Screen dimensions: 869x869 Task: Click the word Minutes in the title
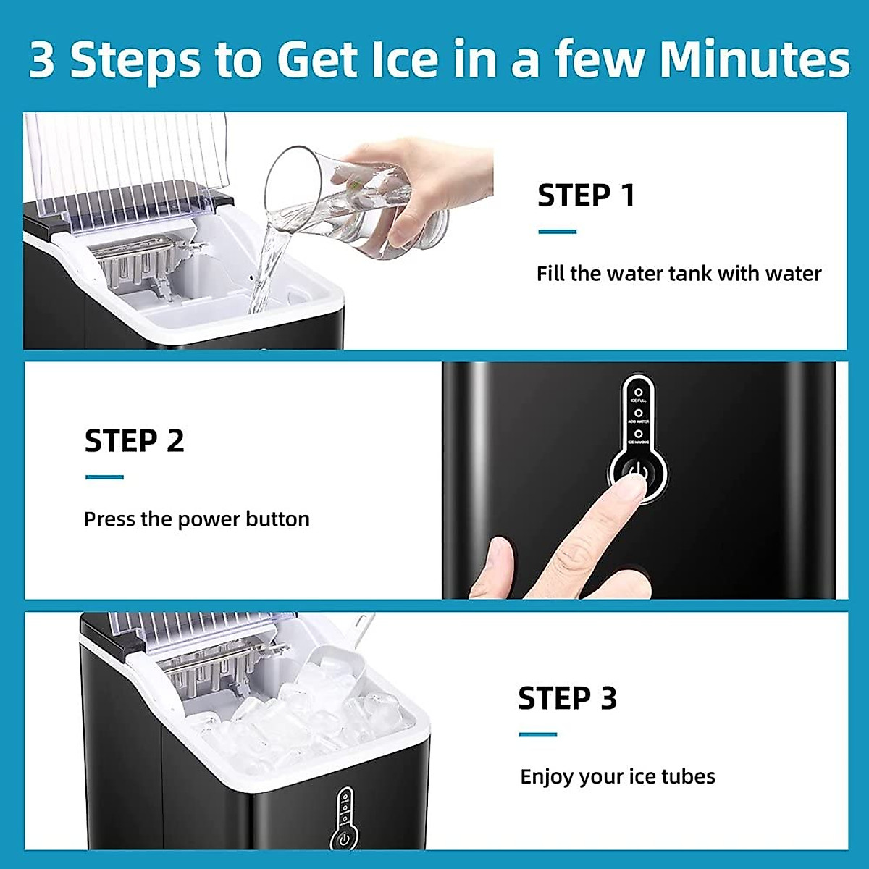coord(754,59)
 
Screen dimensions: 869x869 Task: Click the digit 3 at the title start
coord(42,61)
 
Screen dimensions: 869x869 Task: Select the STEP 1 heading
coord(586,196)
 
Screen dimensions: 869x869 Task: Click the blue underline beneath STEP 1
coord(557,232)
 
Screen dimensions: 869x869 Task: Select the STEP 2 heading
coord(135,441)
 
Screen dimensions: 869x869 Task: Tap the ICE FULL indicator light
coord(638,392)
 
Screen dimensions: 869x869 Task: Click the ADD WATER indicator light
coord(638,413)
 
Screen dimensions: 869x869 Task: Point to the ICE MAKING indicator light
coord(638,434)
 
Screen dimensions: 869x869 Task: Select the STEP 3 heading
coord(567,699)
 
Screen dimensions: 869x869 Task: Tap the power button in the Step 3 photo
coord(344,840)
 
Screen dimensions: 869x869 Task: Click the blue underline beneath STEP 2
coord(104,477)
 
